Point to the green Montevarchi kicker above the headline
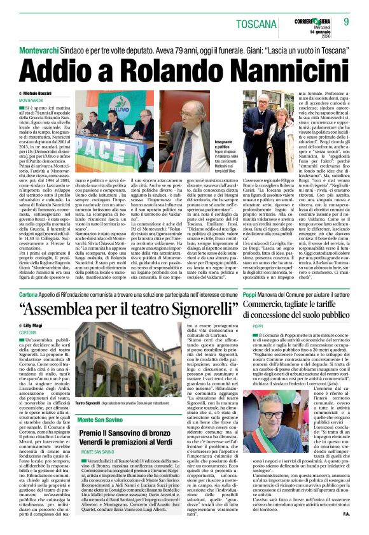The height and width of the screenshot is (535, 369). (x=43, y=48)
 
